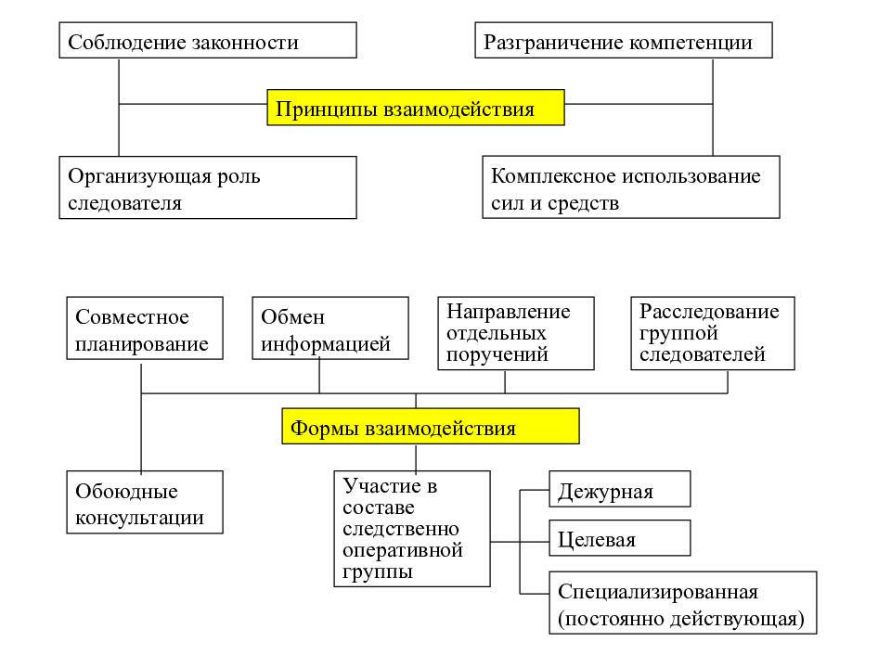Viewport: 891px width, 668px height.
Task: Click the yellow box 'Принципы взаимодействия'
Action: pos(416,108)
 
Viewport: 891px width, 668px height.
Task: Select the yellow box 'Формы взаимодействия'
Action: pos(430,426)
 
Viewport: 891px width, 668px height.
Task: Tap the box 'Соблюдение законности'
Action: pos(208,40)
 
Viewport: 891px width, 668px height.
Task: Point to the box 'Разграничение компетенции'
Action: pos(624,40)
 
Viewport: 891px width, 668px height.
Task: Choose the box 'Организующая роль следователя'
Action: pos(208,187)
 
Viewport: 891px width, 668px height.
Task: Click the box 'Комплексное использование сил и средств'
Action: pos(631,186)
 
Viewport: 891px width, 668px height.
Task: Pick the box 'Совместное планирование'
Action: pos(145,328)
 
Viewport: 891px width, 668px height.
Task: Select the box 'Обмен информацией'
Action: pos(330,328)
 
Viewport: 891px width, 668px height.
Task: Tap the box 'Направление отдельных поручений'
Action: pos(516,333)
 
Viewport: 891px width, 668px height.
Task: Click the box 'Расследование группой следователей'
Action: pos(713,333)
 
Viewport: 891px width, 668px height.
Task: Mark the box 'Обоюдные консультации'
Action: pos(145,502)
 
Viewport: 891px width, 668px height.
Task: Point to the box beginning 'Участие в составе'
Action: pos(412,529)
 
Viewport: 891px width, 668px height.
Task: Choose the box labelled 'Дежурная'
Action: pos(620,489)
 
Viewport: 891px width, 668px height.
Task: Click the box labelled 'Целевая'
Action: pos(620,538)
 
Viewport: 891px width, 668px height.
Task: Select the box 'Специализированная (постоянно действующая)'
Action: pos(683,603)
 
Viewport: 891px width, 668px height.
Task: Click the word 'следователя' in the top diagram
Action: pos(124,203)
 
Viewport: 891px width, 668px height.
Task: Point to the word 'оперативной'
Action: pos(402,551)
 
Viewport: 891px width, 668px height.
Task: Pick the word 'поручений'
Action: pos(497,355)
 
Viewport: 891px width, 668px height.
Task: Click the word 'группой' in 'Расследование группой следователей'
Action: pos(678,333)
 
